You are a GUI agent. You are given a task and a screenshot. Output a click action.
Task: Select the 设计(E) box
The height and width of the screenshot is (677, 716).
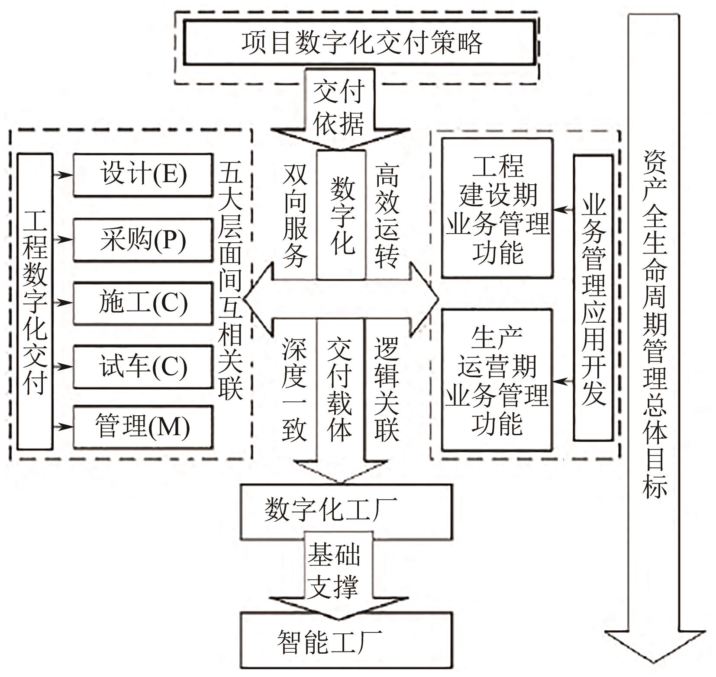tap(143, 175)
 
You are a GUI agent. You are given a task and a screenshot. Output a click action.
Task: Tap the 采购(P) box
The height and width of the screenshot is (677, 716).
tap(143, 240)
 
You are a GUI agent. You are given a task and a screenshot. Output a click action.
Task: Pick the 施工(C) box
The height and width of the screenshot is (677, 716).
tap(143, 303)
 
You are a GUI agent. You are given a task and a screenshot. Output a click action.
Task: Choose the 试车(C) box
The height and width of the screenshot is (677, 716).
tap(143, 367)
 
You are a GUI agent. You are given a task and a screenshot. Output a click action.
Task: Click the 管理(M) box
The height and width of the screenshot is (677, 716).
tap(143, 427)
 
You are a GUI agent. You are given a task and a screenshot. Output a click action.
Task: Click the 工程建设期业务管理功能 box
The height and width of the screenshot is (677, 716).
tap(497, 208)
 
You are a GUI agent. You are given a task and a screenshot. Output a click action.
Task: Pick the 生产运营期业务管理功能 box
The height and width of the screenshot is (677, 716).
tap(497, 380)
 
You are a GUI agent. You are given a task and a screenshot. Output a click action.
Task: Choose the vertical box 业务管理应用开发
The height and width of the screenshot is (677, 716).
tap(593, 298)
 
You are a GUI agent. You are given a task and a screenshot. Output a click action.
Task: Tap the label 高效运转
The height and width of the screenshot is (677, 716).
tap(386, 215)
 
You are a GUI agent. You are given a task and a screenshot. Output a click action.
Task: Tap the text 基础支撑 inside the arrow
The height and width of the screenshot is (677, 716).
tap(333, 571)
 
